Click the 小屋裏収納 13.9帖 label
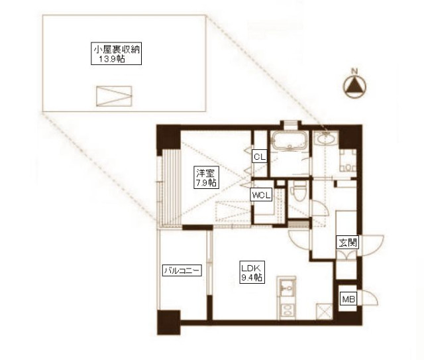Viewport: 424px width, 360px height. click(x=117, y=54)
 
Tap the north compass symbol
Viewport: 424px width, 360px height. click(x=354, y=87)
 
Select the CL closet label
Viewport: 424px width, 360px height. click(x=260, y=156)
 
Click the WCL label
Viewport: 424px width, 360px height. click(x=261, y=195)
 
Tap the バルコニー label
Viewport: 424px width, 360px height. click(x=182, y=270)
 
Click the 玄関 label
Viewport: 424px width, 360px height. click(x=347, y=243)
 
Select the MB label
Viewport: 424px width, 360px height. click(x=348, y=299)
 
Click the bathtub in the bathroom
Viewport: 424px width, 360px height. click(x=290, y=141)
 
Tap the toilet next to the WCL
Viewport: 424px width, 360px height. click(x=299, y=191)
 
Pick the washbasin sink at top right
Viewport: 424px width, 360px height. click(x=327, y=139)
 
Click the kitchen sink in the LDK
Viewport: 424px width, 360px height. click(x=286, y=288)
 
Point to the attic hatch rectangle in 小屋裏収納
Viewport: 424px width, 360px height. click(x=114, y=96)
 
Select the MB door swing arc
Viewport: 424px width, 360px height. click(x=370, y=298)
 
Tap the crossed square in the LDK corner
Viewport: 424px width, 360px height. click(x=324, y=312)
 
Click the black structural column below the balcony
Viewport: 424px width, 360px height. click(x=169, y=323)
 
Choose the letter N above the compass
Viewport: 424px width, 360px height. click(x=354, y=72)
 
